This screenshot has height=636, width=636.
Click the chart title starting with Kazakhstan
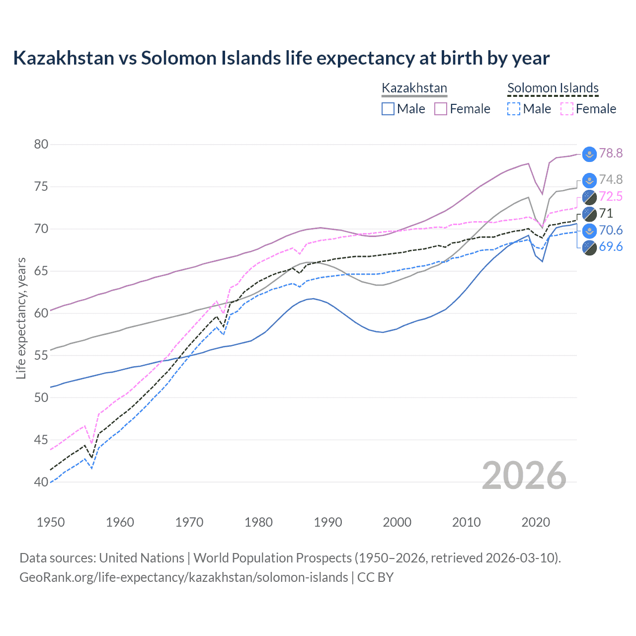[x=281, y=58]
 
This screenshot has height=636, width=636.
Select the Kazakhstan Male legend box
[x=388, y=109]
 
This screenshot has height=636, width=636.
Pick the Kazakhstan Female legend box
[x=441, y=109]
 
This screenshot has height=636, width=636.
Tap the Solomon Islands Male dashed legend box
[x=514, y=109]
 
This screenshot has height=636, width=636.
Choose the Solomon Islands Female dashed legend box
[x=566, y=109]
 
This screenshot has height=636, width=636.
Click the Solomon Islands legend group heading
[x=553, y=88]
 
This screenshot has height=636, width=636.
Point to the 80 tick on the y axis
[x=41, y=145]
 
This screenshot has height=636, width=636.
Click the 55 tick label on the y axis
[x=41, y=355]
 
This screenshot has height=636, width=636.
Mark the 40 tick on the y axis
[x=41, y=482]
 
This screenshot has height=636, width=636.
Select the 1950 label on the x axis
[x=51, y=522]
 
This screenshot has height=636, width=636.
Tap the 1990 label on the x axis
[x=328, y=522]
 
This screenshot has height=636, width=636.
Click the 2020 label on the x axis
[x=536, y=522]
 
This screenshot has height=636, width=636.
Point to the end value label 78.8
[x=611, y=153]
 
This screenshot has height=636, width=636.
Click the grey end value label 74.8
[x=611, y=179]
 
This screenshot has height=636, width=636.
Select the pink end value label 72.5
[x=611, y=196]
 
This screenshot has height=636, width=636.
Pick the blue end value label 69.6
[x=611, y=247]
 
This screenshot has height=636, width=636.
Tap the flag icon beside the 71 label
[x=589, y=214]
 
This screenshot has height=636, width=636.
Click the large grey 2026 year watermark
[x=524, y=476]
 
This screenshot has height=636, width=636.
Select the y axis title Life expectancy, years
[x=21, y=318]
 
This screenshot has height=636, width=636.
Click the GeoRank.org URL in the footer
[x=184, y=577]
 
